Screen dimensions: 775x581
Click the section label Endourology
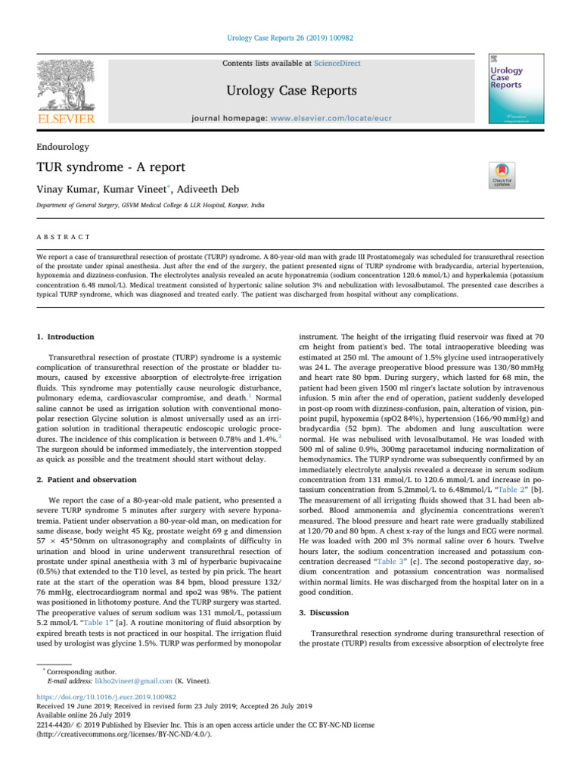pos(64,147)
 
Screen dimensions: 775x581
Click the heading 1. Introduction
pos(66,336)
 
